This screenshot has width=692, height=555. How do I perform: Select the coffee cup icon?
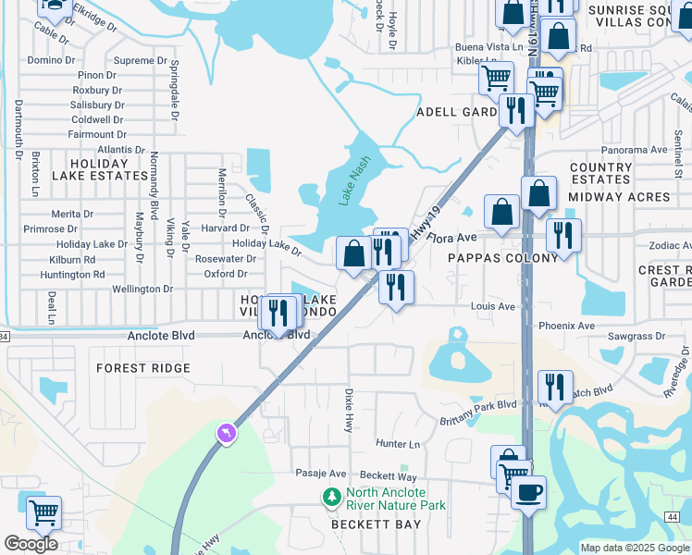click(x=528, y=492)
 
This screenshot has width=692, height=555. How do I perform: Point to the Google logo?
click(x=31, y=544)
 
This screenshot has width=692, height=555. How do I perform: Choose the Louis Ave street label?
click(x=492, y=306)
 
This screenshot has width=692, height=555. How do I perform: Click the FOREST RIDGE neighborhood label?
click(x=143, y=368)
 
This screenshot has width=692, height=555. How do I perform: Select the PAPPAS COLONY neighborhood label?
click(x=503, y=258)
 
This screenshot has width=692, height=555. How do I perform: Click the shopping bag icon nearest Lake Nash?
click(x=353, y=253)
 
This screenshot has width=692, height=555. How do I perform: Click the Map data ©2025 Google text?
click(x=635, y=548)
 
